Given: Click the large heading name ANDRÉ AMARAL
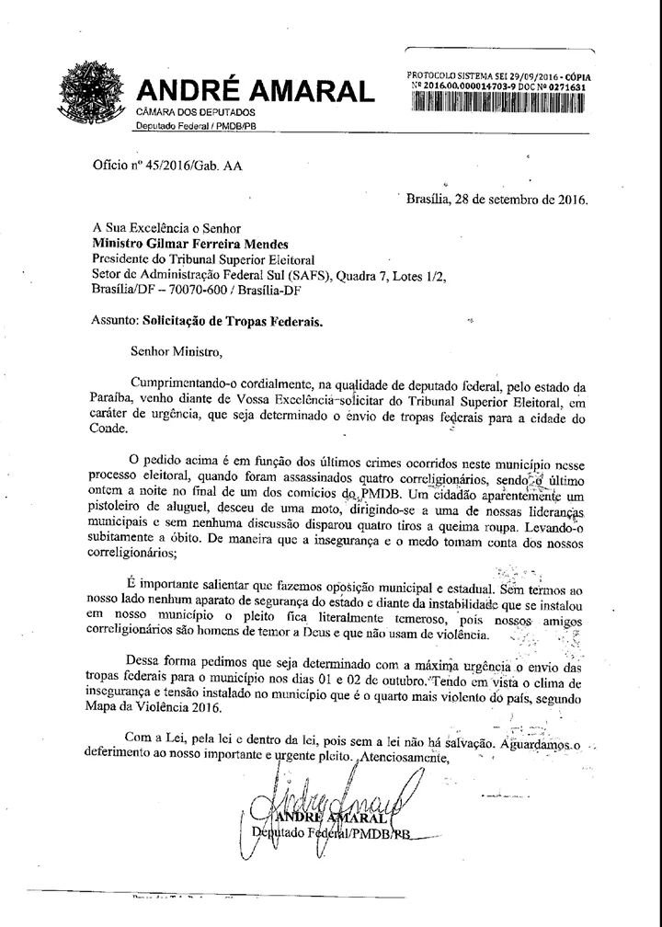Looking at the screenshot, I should click(x=256, y=92).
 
